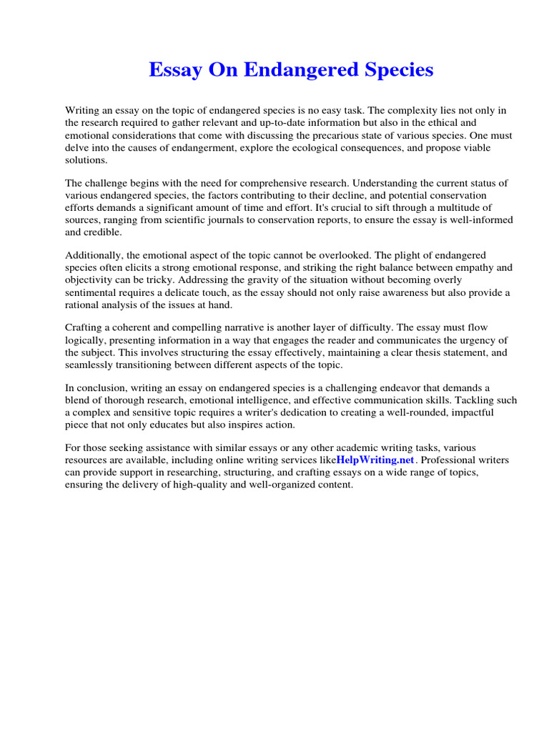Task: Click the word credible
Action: (x=104, y=232)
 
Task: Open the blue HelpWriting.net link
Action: (x=375, y=460)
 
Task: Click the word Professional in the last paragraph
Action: (x=448, y=460)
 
